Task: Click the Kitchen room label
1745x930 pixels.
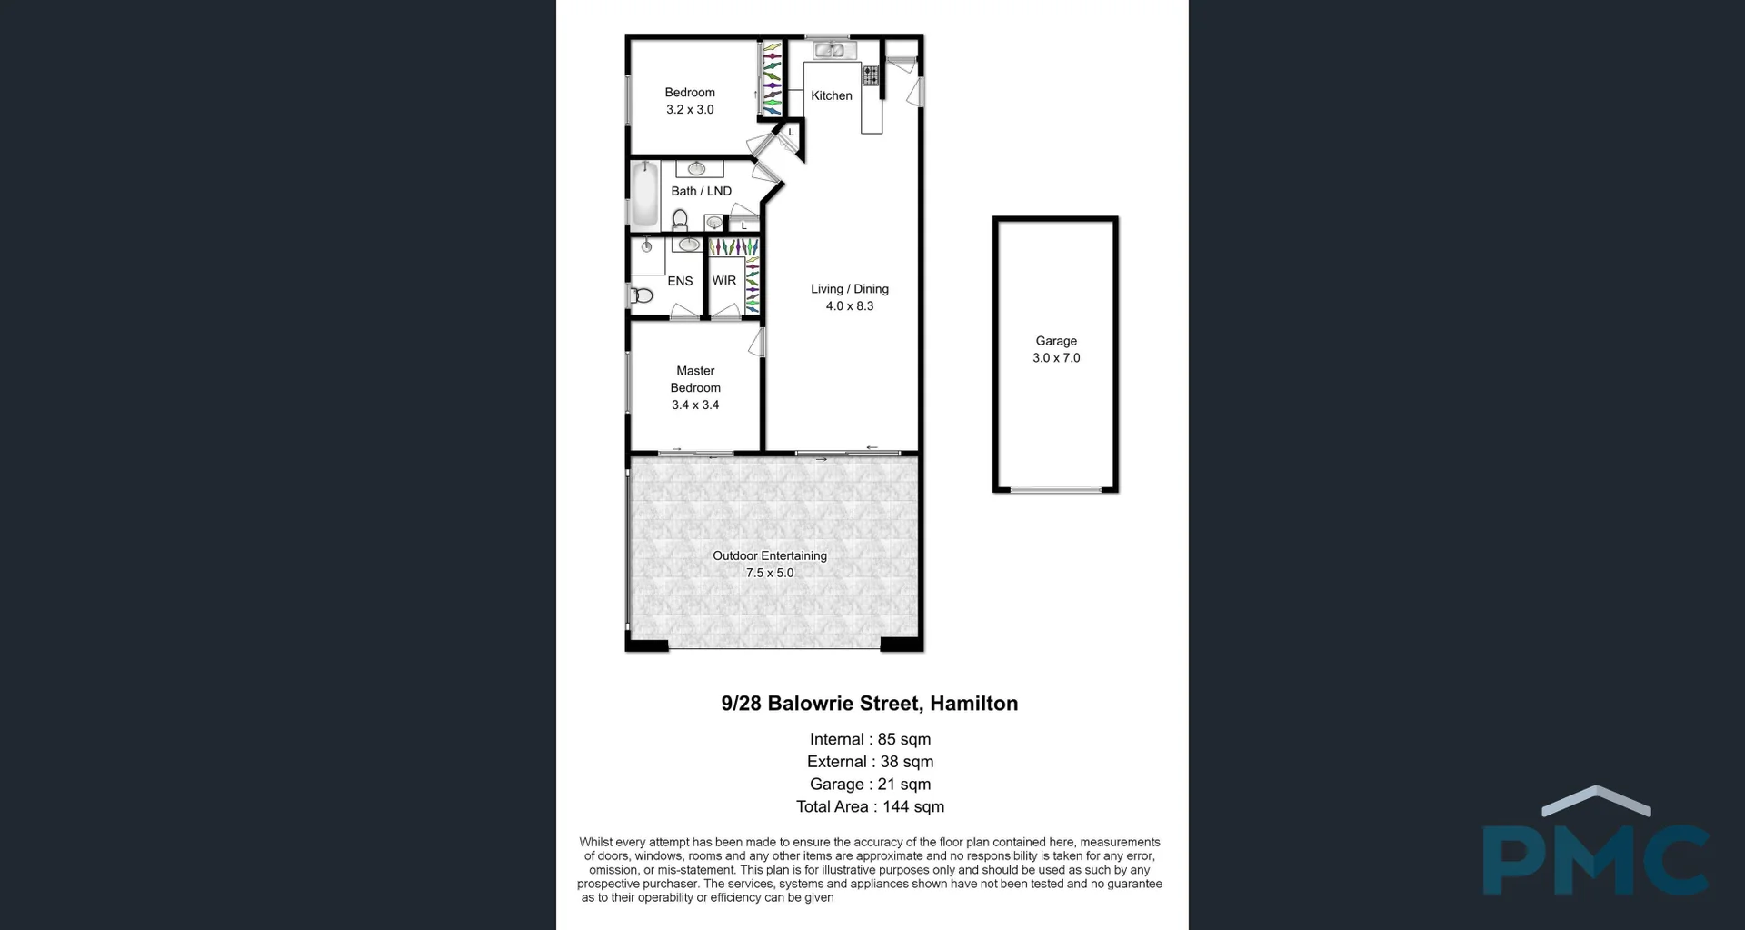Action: click(x=832, y=95)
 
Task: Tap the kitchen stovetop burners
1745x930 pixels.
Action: click(x=871, y=75)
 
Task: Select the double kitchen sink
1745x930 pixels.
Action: click(x=829, y=50)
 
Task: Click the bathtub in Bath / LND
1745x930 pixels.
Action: click(x=644, y=194)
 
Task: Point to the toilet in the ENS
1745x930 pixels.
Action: click(x=642, y=295)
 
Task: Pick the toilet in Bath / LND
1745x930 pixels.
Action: click(x=680, y=219)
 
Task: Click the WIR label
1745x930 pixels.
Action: click(x=724, y=281)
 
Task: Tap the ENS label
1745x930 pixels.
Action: click(x=680, y=282)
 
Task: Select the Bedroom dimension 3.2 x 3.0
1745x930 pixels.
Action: click(x=690, y=110)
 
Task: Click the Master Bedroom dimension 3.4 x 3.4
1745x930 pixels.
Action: click(x=695, y=405)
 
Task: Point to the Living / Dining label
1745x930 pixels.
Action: click(x=850, y=289)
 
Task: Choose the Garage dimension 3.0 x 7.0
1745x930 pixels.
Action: click(x=1056, y=358)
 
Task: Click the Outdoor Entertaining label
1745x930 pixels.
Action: click(x=770, y=555)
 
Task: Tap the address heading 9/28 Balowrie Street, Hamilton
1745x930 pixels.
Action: click(x=870, y=704)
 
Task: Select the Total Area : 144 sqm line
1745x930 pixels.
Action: click(x=870, y=806)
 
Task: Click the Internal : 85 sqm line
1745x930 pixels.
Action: click(x=870, y=739)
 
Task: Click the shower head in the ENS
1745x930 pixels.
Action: click(x=647, y=245)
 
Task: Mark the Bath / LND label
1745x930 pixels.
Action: click(x=701, y=191)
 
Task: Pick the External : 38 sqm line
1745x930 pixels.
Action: click(x=870, y=762)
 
